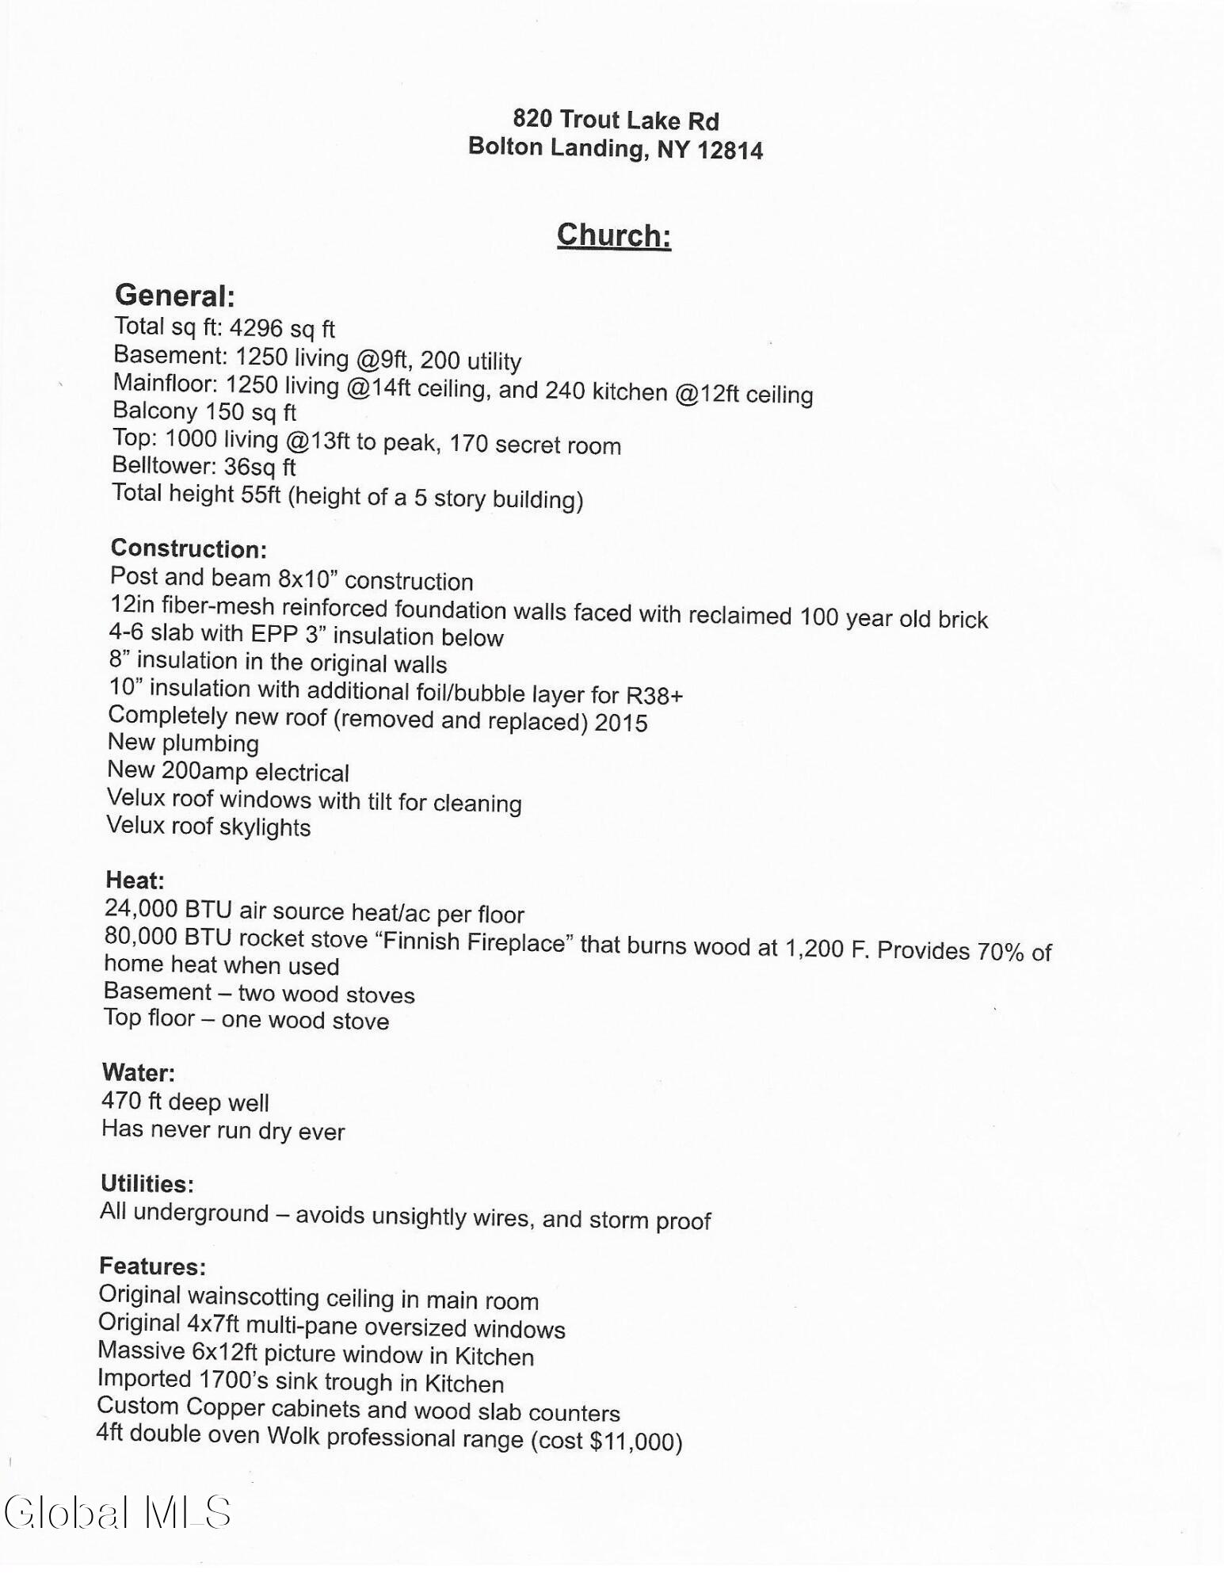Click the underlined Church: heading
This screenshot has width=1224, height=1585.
[x=614, y=235]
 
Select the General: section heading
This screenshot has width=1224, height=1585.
[x=175, y=296]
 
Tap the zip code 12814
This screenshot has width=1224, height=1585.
[x=730, y=150]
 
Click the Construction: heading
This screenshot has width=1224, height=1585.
[x=189, y=548]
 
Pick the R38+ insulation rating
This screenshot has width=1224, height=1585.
[x=654, y=696]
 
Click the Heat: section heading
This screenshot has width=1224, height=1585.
[x=135, y=880]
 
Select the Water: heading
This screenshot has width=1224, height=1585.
[x=138, y=1072]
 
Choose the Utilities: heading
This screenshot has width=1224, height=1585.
[x=147, y=1183]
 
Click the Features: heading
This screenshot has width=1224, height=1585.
[x=152, y=1266]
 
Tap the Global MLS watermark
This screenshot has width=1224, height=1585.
[x=117, y=1512]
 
